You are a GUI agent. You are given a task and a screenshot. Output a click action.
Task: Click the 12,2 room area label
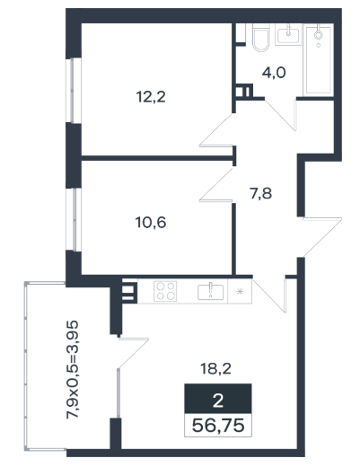[x=151, y=97]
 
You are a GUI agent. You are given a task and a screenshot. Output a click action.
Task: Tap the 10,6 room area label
[x=151, y=223]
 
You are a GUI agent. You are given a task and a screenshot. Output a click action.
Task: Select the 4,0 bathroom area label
[x=274, y=73]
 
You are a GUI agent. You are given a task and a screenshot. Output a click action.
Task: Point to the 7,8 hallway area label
[x=261, y=194]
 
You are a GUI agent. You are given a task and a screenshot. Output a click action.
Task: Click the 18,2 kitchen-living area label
[x=215, y=369]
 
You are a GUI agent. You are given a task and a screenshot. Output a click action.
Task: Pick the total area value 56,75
[x=218, y=426]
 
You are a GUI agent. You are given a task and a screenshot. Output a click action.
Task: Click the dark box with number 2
[x=218, y=399]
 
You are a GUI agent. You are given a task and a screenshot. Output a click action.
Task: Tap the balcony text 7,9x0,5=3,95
[x=73, y=370]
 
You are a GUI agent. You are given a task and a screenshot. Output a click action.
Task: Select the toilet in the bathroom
[x=260, y=37]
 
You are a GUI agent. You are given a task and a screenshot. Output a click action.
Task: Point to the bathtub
[x=319, y=60]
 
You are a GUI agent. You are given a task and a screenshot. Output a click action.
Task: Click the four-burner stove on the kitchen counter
[x=165, y=291]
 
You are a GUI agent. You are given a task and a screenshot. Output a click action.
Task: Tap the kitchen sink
[x=210, y=292]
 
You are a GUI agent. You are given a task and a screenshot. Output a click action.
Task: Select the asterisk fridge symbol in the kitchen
[x=240, y=291]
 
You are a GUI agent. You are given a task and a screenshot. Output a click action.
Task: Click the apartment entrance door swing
[x=322, y=237]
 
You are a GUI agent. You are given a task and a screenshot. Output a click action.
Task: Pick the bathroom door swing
[x=281, y=115]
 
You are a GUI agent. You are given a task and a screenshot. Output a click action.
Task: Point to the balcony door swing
[x=133, y=353]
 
